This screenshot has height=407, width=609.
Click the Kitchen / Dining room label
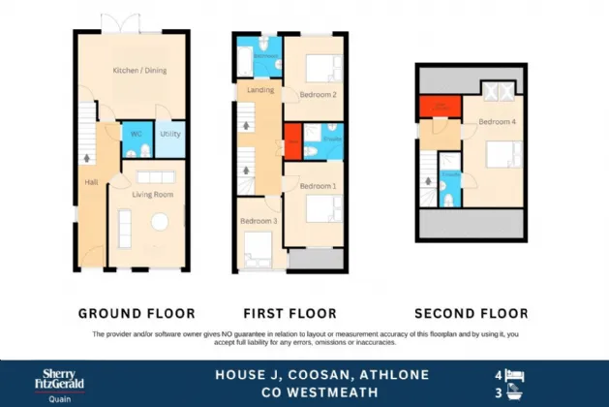[x=135, y=70]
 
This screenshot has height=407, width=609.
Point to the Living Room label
[x=146, y=195]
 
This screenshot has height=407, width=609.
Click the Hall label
[x=90, y=182]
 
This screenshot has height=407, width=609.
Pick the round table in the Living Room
[x=159, y=222]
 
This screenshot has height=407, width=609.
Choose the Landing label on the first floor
[x=260, y=90]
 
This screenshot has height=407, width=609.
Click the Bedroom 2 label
[x=318, y=95]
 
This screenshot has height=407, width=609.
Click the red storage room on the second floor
[x=439, y=106]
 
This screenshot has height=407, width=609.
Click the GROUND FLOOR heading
[x=137, y=313]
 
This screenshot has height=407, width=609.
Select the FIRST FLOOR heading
[x=290, y=313]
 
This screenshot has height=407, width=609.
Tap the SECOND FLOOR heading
[x=472, y=313]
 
